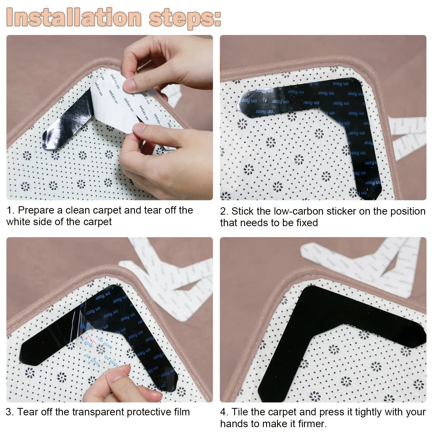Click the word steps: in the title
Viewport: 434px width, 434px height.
coord(184,17)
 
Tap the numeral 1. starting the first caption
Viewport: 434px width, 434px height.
coord(11,210)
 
